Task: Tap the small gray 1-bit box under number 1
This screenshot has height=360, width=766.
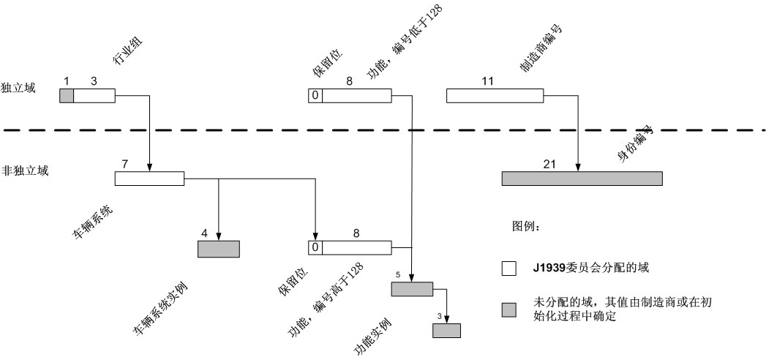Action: pos(66,95)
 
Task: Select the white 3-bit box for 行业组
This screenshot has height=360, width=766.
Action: pos(94,95)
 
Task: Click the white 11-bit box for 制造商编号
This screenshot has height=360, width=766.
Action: pos(495,95)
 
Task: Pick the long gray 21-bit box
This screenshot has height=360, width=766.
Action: pos(582,179)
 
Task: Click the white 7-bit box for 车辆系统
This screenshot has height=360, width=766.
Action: pos(149,179)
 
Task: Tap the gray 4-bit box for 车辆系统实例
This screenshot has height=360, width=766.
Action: pos(218,249)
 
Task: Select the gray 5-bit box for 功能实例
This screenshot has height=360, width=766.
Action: pos(413,289)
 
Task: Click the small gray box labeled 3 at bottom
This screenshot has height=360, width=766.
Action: pos(446,329)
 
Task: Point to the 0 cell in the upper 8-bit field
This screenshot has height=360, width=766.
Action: pos(315,95)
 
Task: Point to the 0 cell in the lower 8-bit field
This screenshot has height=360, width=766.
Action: pos(315,247)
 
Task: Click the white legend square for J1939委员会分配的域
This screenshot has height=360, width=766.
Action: pos(508,268)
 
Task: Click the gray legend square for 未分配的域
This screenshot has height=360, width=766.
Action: pos(508,310)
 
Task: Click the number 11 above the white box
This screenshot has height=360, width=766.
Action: pos(487,80)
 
